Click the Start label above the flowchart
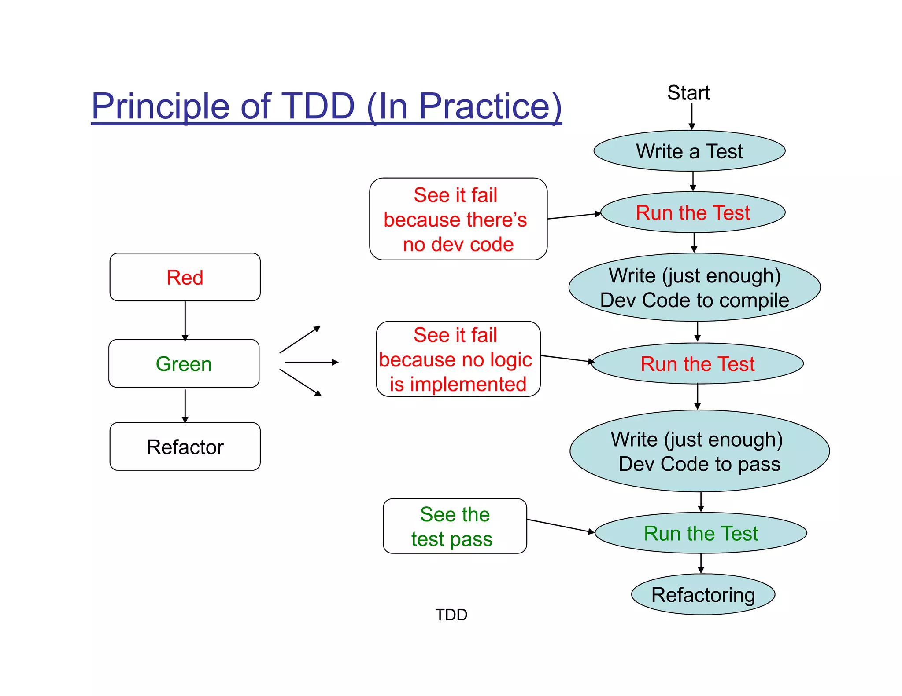tap(688, 93)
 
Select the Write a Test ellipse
tap(689, 151)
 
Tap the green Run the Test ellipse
tap(700, 533)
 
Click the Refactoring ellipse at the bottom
tap(703, 594)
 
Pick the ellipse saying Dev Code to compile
tap(694, 288)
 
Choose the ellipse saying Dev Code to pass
tap(699, 451)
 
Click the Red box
tap(185, 277)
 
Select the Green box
tap(184, 364)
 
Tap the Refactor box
tap(185, 447)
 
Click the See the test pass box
tap(455, 526)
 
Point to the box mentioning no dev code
tap(458, 219)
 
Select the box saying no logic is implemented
tap(458, 359)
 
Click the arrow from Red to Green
tap(185, 320)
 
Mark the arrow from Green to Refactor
tap(185, 405)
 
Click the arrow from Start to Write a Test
tap(692, 116)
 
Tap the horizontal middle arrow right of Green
tap(311, 362)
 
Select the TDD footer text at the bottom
tap(451, 615)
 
